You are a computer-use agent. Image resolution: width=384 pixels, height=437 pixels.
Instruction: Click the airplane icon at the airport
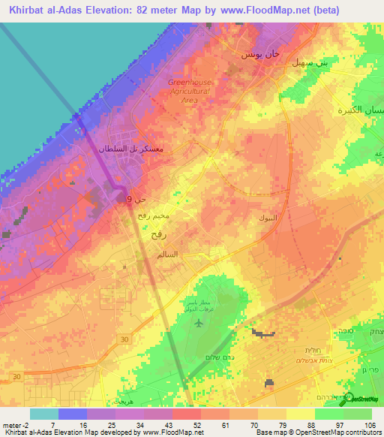pos(199,324)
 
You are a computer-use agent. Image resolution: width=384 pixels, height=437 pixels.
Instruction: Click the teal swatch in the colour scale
pos(43,413)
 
